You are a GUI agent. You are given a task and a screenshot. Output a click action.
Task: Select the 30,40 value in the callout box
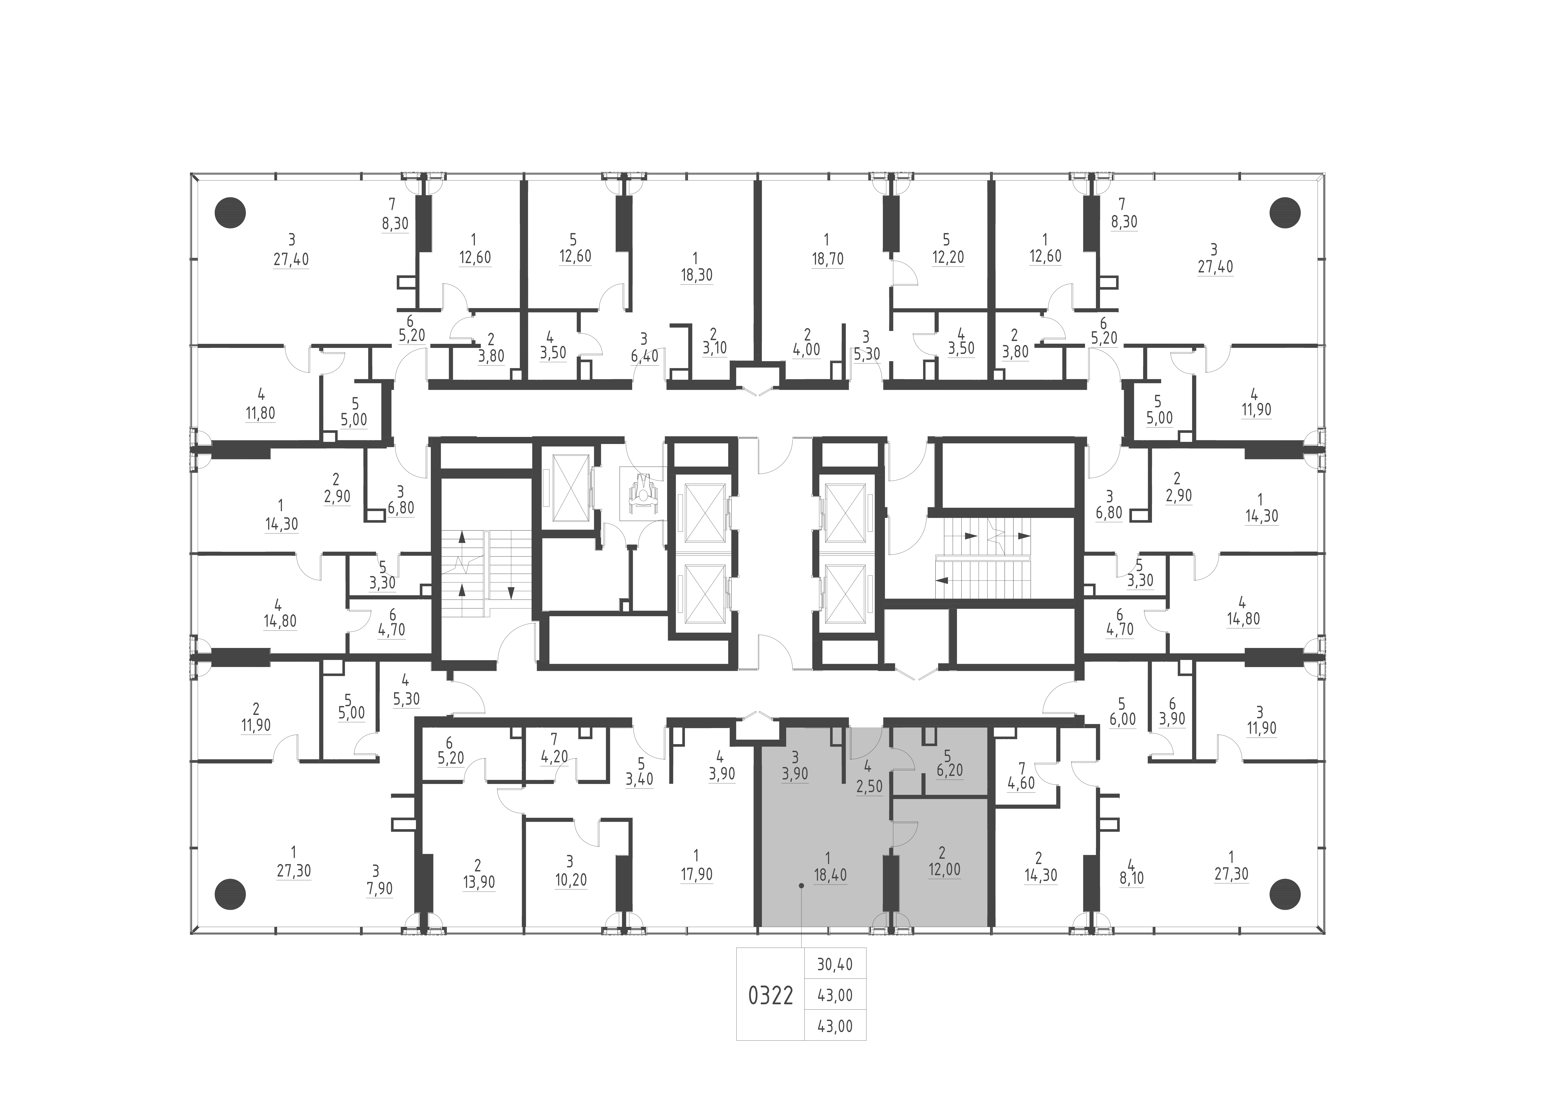pos(835,965)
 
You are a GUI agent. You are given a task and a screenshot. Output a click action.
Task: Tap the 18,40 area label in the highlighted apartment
pos(830,875)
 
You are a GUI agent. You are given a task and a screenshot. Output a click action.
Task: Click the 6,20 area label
pos(949,772)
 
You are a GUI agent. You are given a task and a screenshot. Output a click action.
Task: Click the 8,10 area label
pos(1131,878)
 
